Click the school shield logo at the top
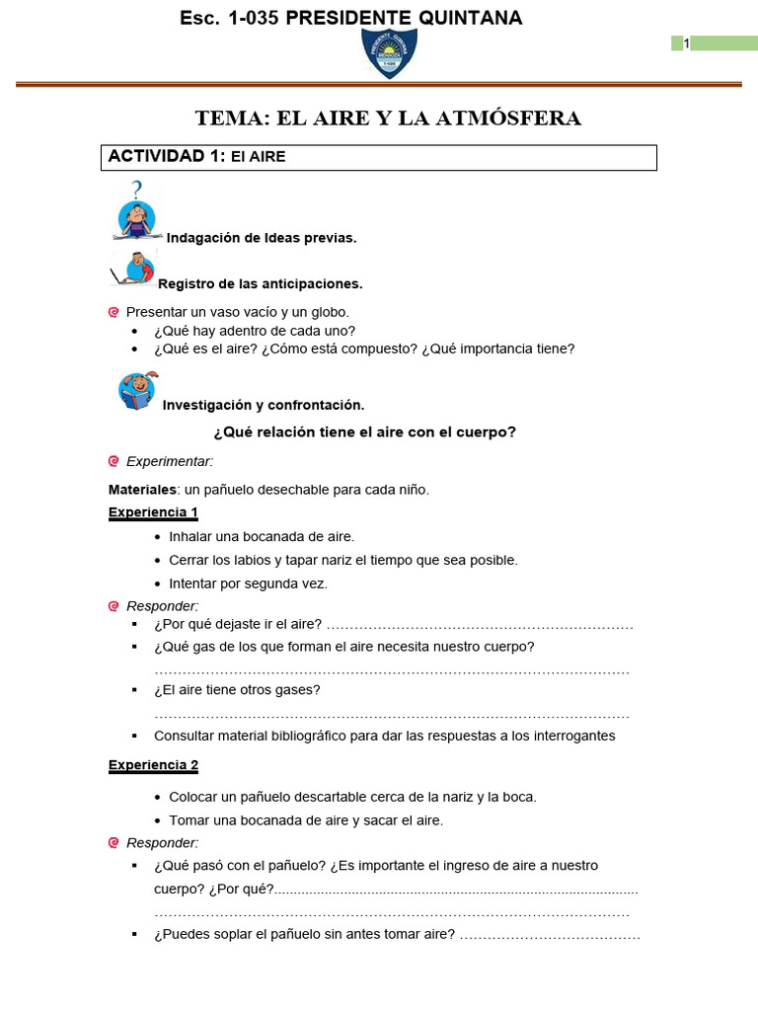[x=388, y=52]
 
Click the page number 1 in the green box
[x=686, y=42]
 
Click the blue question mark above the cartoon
[x=136, y=189]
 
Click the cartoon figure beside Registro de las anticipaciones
[x=136, y=269]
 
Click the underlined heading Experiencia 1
[x=153, y=511]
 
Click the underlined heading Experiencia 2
[x=153, y=765]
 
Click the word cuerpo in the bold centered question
[x=487, y=432]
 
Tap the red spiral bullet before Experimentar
[x=114, y=461]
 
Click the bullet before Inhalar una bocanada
[x=159, y=537]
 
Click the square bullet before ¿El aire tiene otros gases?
[x=135, y=690]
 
